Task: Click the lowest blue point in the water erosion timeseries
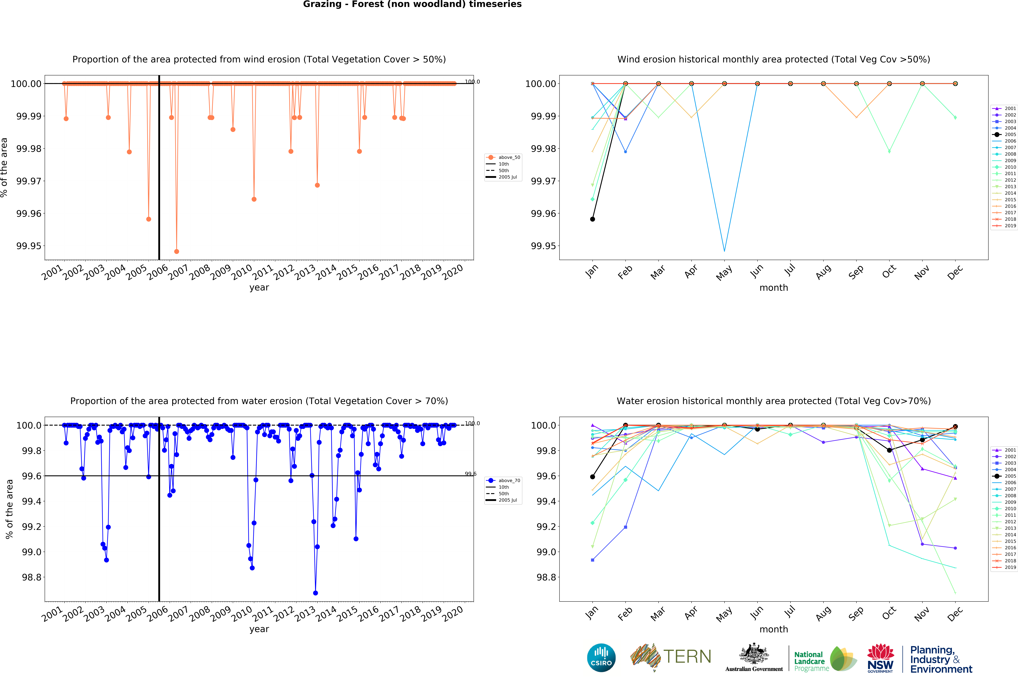tap(315, 593)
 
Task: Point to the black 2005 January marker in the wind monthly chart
tap(592, 219)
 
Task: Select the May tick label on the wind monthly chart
tap(724, 273)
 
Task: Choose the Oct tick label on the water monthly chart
tap(889, 613)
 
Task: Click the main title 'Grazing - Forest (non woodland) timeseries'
tap(412, 4)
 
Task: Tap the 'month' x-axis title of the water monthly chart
tap(773, 629)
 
